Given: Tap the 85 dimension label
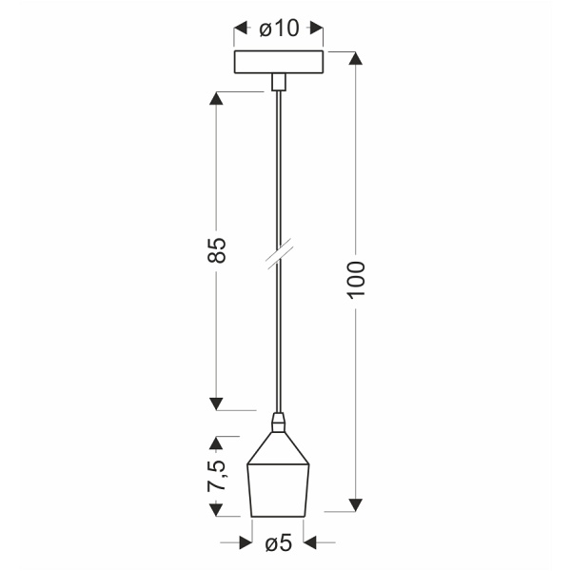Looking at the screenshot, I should (217, 250).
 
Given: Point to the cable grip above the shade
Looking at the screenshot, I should (278, 420).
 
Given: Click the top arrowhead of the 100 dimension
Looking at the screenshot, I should (356, 58).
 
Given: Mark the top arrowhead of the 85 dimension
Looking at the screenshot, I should (217, 99).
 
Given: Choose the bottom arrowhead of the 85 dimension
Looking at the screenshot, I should (217, 402).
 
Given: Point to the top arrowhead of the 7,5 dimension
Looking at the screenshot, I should (217, 443).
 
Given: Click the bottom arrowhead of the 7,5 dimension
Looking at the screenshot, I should (217, 511).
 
